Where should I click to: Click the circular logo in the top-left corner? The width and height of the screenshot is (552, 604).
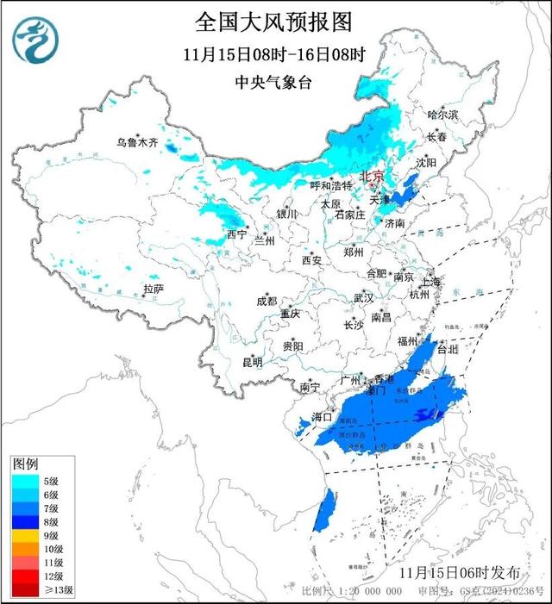coord(36,39)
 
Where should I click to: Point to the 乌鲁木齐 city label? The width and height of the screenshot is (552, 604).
coord(138,143)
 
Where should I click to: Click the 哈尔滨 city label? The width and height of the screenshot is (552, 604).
coord(444,115)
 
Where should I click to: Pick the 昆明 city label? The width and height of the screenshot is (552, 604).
coord(252,361)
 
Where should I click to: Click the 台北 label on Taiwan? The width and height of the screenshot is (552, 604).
coord(448,351)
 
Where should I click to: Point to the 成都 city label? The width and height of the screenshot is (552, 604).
coord(267,301)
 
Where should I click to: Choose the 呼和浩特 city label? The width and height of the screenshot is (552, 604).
coord(331,185)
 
